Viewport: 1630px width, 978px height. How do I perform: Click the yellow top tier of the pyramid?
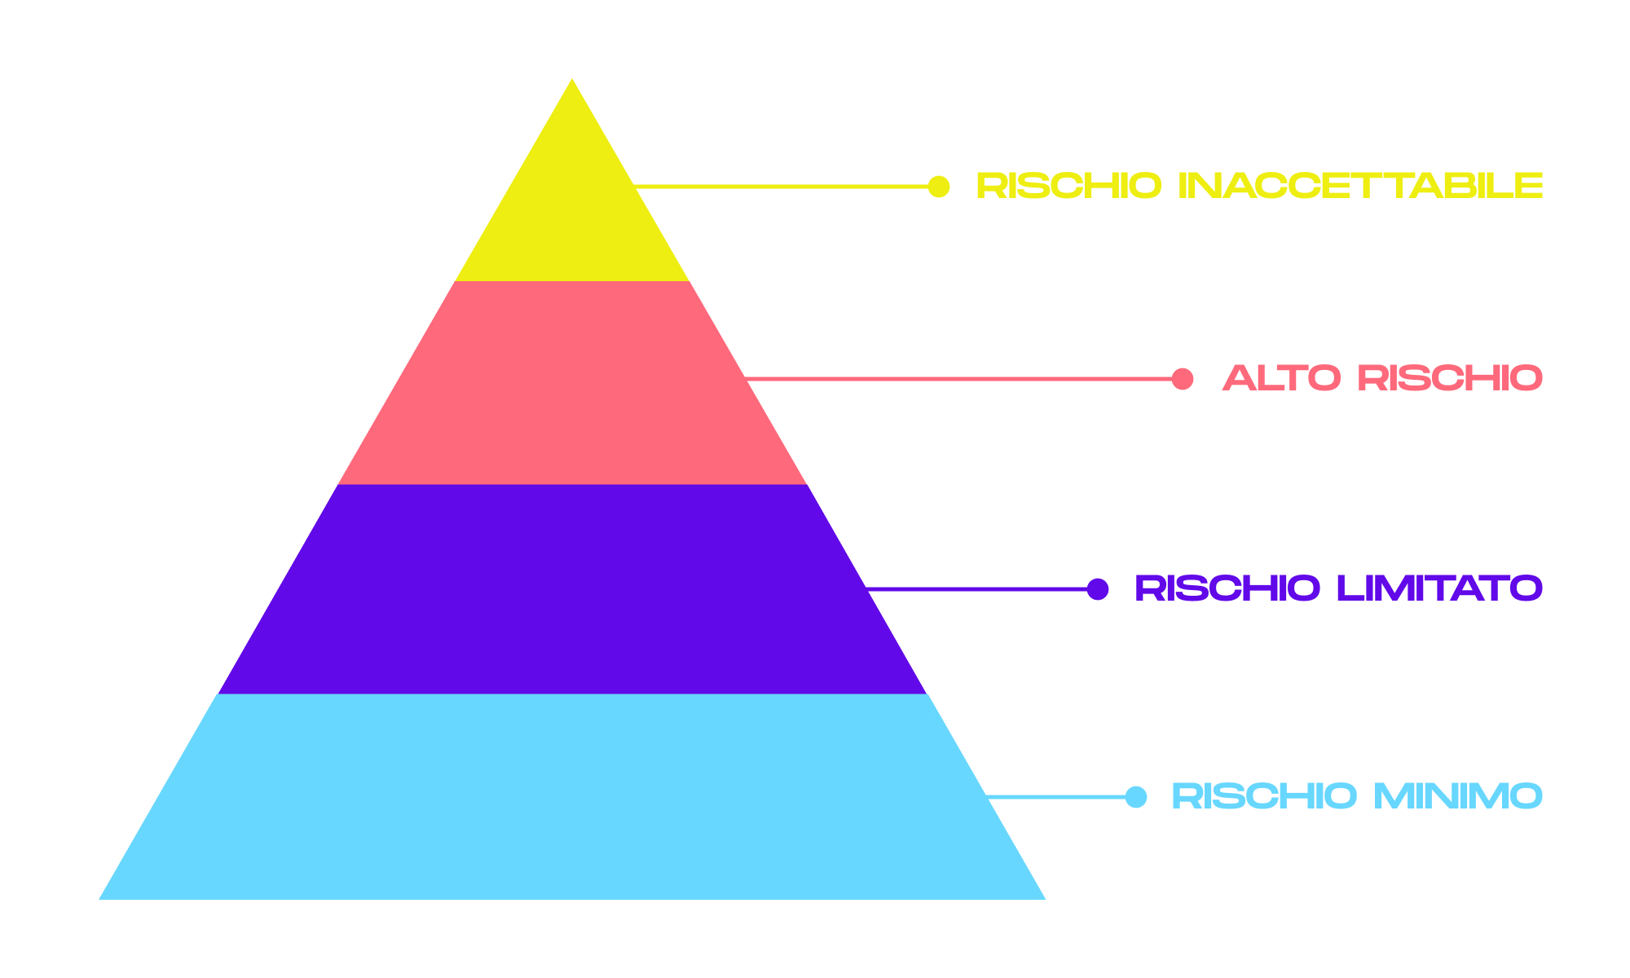tap(572, 212)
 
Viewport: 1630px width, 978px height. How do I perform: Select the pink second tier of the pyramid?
tap(572, 383)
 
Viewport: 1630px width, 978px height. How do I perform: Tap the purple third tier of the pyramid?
tap(572, 588)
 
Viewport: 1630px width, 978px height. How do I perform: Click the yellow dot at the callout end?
tap(939, 187)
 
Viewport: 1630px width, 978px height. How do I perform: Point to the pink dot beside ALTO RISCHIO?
tap(1182, 379)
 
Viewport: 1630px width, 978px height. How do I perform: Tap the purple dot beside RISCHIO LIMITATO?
tap(1098, 588)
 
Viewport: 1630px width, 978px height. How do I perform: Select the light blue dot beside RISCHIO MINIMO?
tap(1135, 797)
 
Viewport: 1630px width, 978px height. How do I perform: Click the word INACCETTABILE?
tap(1361, 187)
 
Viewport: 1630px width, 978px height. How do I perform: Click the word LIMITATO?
tap(1439, 588)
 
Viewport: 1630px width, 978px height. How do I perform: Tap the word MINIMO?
tap(1458, 797)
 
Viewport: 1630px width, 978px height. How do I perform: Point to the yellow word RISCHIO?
tap(1068, 187)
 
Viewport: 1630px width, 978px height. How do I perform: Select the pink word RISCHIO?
tap(1450, 379)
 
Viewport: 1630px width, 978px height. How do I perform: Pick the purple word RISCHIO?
tap(1227, 588)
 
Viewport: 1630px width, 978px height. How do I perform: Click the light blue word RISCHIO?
tap(1264, 797)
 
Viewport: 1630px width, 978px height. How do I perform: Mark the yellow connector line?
tap(782, 187)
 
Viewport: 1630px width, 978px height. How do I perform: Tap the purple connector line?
tap(978, 588)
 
